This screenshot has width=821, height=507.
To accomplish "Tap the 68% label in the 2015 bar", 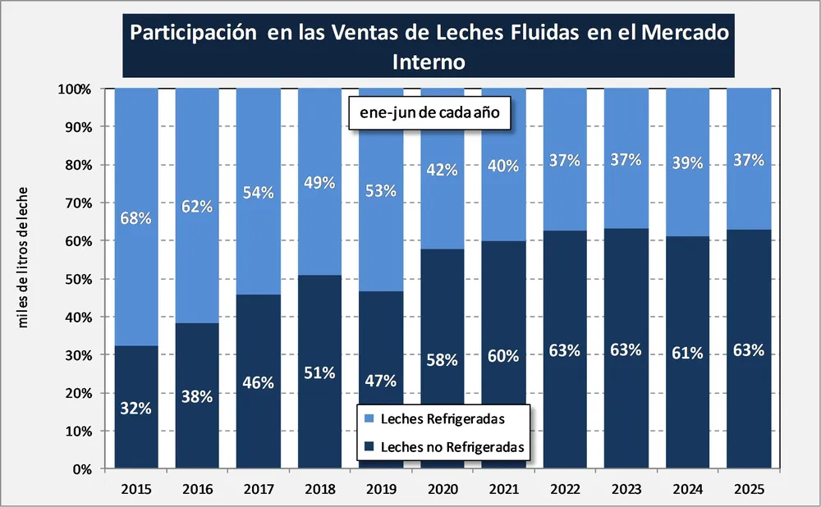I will (136, 218).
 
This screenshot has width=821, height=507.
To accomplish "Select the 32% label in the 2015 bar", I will (136, 408).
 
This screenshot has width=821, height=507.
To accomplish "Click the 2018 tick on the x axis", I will (319, 489).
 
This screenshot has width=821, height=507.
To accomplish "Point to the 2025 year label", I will (748, 489).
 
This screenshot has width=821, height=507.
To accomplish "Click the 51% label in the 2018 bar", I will (319, 372).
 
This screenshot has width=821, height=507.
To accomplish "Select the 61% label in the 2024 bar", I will (686, 353).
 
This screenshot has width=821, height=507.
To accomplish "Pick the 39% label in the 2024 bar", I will (686, 162).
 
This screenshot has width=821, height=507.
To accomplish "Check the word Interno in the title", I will (429, 62).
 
